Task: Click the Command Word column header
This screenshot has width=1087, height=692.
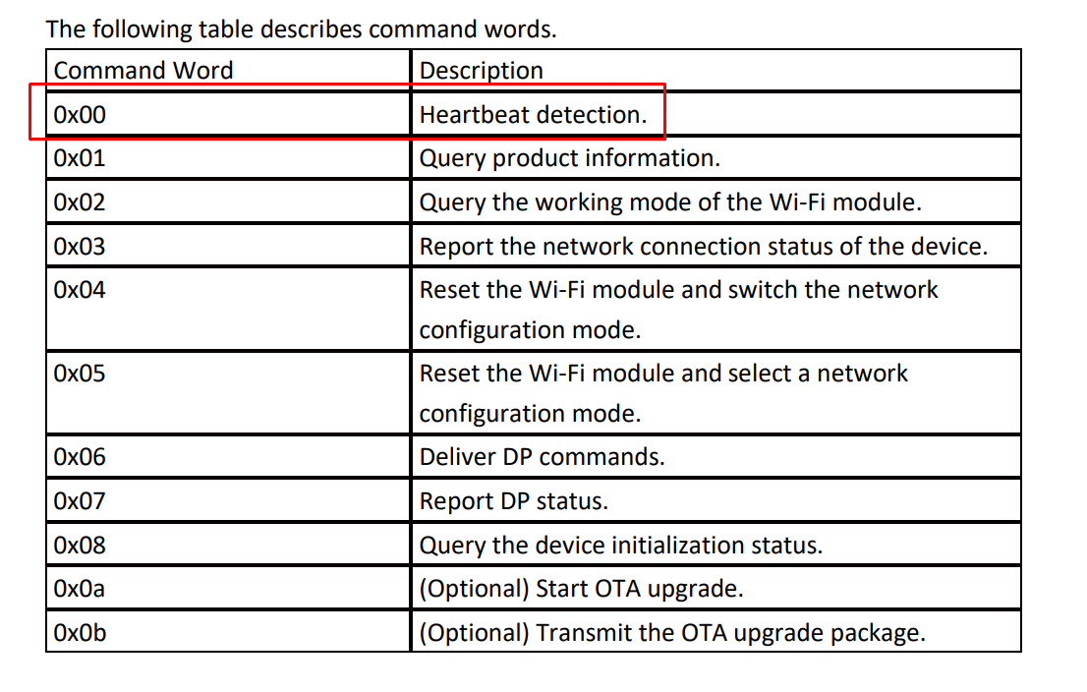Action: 143,71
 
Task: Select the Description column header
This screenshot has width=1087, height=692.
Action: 482,71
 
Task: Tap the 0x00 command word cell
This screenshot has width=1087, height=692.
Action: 80,114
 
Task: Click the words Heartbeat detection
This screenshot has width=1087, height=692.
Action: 533,114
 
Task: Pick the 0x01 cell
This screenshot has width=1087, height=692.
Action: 80,158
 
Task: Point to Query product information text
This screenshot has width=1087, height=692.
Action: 570,159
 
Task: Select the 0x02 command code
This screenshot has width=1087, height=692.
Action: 80,202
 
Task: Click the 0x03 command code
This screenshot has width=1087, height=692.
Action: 80,246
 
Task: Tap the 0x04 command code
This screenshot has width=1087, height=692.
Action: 80,290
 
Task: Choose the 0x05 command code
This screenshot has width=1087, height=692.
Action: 80,374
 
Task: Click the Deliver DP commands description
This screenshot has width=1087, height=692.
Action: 543,457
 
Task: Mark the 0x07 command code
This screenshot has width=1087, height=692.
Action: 80,500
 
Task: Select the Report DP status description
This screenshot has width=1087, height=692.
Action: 514,501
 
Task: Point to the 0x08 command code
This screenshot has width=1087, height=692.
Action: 80,545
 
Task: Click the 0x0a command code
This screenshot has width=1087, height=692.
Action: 80,589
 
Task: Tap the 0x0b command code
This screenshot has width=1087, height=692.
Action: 80,632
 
